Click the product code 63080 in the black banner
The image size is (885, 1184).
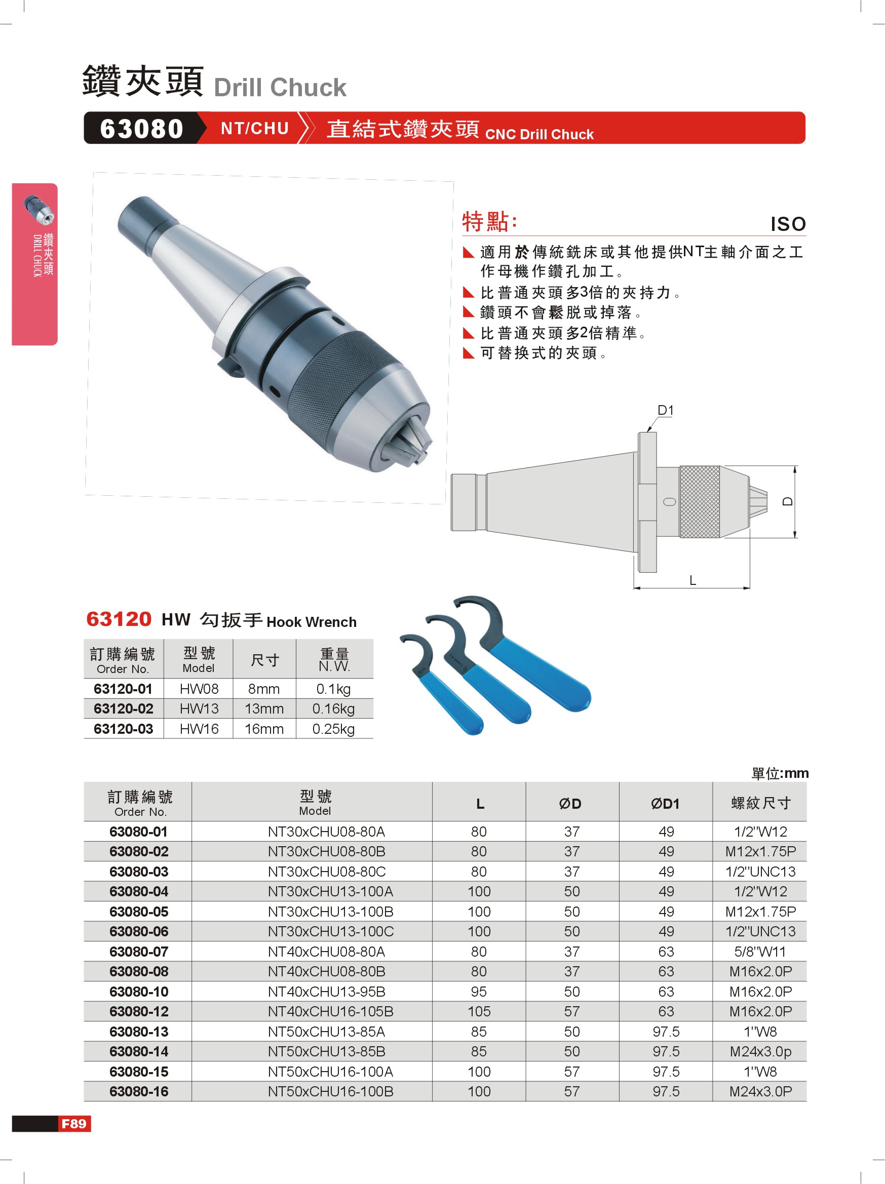coord(141,129)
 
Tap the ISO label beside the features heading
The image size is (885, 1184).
coord(788,224)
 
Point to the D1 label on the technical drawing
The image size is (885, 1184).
coord(665,410)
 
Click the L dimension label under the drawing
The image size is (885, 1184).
coord(692,580)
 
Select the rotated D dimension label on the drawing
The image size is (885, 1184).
coord(787,501)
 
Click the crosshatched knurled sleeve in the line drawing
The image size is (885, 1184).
coord(699,501)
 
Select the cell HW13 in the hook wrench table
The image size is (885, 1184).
coord(199,708)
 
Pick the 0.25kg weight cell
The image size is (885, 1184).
coord(333,729)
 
